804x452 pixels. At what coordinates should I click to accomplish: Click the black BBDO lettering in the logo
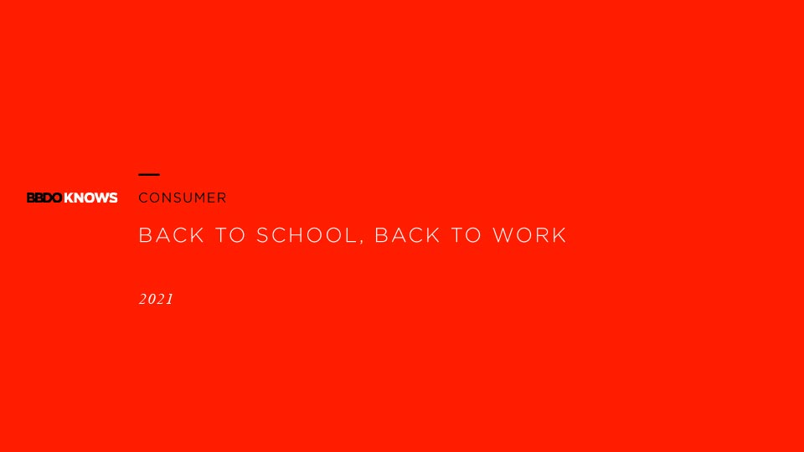click(x=44, y=198)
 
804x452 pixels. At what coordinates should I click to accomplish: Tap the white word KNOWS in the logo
click(x=90, y=198)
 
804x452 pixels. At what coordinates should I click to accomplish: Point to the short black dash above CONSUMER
click(x=149, y=175)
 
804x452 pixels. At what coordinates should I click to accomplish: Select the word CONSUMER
click(x=183, y=198)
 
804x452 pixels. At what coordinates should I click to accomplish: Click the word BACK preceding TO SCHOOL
click(x=172, y=235)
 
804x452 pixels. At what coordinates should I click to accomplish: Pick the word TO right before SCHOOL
click(x=230, y=235)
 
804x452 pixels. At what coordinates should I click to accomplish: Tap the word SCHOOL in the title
click(x=307, y=235)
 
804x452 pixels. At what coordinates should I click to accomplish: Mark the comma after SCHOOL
click(x=362, y=242)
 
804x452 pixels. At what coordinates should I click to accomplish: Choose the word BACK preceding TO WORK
click(x=408, y=235)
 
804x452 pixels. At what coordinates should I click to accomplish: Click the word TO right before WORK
click(x=466, y=235)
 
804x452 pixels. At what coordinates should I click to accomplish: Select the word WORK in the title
click(x=529, y=235)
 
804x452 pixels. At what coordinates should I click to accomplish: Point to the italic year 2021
click(x=157, y=300)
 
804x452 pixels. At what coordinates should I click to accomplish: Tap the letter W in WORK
click(x=503, y=235)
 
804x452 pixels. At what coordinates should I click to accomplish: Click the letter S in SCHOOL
click(x=263, y=235)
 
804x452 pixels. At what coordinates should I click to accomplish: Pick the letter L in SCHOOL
click(x=351, y=235)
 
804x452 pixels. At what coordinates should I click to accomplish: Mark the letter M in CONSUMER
click(x=199, y=198)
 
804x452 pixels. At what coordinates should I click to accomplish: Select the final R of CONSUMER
click(x=221, y=198)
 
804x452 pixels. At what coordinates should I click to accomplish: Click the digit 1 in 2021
click(x=170, y=300)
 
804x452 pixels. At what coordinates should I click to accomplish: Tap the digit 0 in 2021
click(x=152, y=300)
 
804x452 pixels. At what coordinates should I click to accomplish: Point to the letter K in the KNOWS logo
click(x=69, y=198)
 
